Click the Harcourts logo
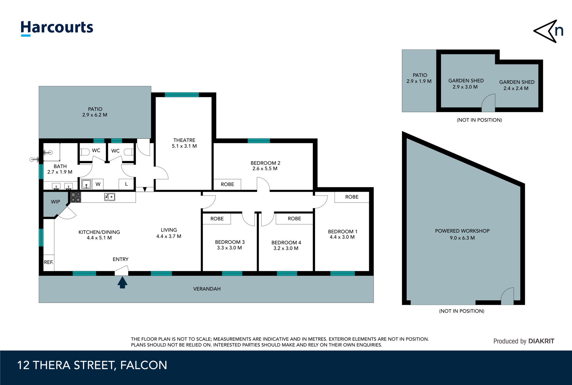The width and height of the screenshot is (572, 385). coord(57,28)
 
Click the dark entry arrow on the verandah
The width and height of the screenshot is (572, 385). coord(122,282)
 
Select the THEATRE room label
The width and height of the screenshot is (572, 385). coord(184,140)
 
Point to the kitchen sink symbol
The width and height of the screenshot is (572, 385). coord(109,197)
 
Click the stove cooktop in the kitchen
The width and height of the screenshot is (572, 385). coord(75,197)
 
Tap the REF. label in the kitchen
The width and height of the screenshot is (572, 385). coord(49,262)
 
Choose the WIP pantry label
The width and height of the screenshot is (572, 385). coord(55,202)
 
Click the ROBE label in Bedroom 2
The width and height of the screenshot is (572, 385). coord(227,184)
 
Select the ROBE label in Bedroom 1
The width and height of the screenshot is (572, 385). coord(352,197)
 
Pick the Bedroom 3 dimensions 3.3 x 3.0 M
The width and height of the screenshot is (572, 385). coord(229,248)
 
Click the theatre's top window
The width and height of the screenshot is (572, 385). coord(182,95)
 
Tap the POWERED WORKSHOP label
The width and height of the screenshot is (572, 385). coord(462,231)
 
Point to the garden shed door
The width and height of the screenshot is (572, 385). coord(488,103)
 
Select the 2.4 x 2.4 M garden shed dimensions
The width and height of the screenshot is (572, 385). coord(516,88)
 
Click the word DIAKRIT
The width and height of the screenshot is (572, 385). coord(541,341)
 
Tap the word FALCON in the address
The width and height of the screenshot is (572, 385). coord(144,365)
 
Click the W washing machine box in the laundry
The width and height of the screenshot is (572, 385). coord(98,184)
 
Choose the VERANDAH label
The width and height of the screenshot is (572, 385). coord(207,289)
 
